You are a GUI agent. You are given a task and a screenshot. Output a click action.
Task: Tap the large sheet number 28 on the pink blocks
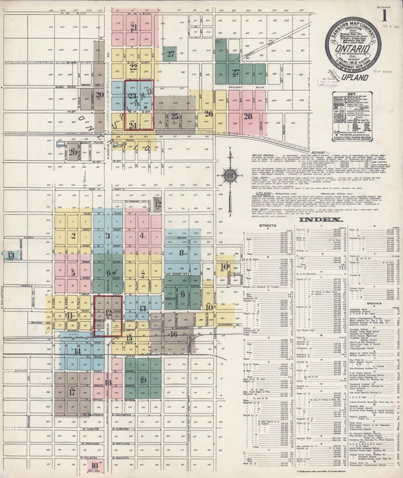(248, 116)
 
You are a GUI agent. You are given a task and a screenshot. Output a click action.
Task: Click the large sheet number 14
(78, 351)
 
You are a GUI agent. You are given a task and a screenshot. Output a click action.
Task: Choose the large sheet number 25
(175, 116)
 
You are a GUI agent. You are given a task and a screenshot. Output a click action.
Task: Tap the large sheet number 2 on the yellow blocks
(73, 236)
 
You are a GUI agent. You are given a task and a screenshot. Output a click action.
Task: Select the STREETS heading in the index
(268, 225)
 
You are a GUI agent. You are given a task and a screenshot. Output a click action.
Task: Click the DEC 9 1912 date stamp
(391, 26)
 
